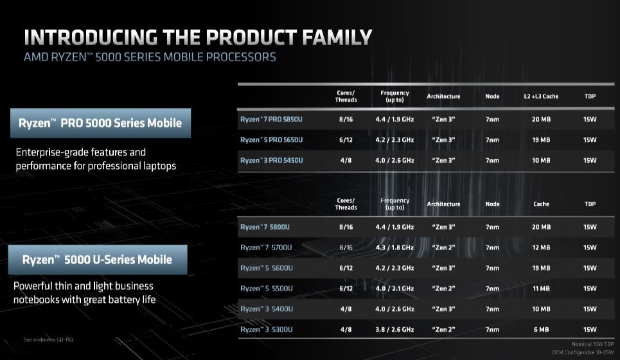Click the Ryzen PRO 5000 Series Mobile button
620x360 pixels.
100,123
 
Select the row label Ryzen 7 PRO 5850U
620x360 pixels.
271,119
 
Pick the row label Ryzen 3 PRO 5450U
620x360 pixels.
271,160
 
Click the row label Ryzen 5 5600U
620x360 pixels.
267,268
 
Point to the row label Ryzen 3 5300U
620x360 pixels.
267,330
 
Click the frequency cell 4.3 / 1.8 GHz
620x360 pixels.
395,248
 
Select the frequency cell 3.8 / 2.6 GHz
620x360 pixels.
395,330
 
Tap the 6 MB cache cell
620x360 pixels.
541,330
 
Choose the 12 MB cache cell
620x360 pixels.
541,248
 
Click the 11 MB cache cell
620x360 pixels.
541,289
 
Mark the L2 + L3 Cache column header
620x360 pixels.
541,96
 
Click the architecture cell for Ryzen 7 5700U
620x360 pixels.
443,248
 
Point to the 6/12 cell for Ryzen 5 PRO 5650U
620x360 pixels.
346,139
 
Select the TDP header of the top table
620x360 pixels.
590,96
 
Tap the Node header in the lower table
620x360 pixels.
492,204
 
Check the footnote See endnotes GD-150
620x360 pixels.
48,339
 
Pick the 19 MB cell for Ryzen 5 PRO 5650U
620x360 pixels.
541,139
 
